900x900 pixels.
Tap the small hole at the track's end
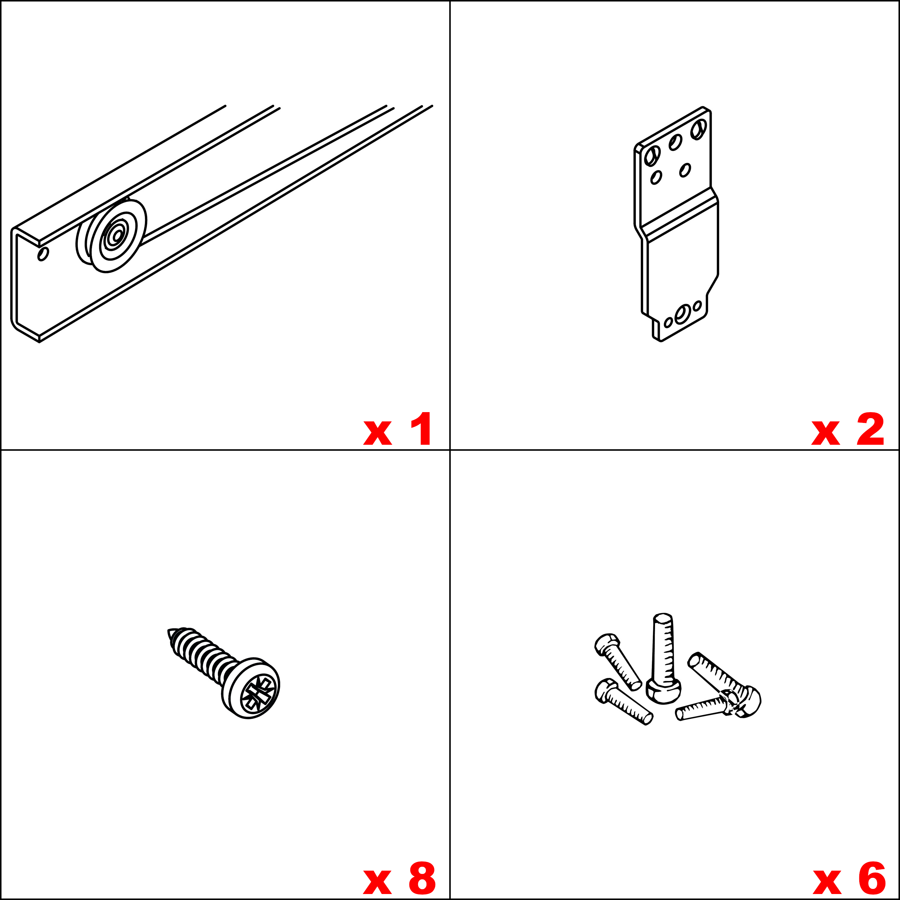point(43,254)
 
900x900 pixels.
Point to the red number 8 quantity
point(422,878)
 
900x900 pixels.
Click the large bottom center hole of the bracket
point(683,314)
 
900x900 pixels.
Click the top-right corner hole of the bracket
point(699,129)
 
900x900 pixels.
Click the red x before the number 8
point(377,882)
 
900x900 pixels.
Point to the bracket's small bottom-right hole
point(697,305)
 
